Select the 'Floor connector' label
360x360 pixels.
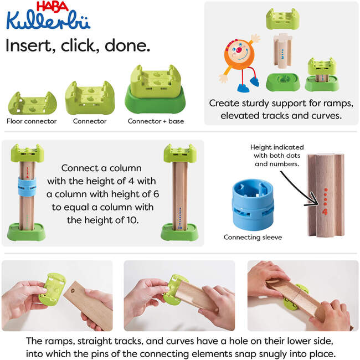(32, 121)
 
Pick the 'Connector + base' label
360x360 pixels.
(156, 121)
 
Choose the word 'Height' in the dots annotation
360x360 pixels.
(262, 147)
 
